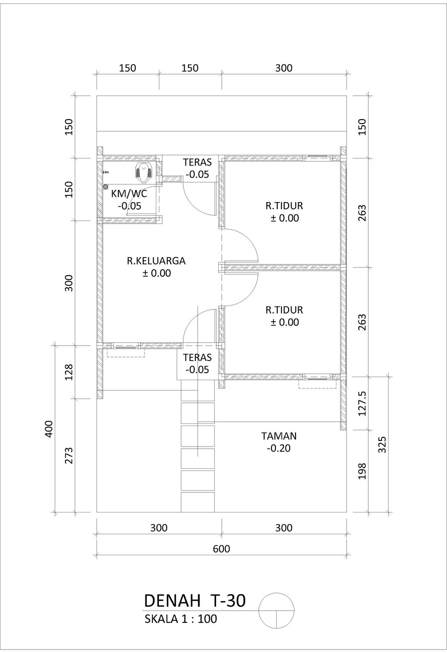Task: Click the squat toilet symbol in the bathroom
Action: (143, 173)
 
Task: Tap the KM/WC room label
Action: (129, 194)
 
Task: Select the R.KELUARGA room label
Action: (156, 260)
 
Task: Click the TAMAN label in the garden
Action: (279, 436)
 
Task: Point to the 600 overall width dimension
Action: (222, 549)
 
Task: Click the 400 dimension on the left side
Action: (49, 429)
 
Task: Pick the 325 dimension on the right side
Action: (382, 444)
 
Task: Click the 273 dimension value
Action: (69, 455)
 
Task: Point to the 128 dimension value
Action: (69, 372)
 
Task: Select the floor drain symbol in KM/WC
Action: (105, 186)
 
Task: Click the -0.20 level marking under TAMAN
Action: (279, 448)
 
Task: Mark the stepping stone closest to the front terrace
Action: (198, 389)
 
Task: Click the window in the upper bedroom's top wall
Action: (318, 158)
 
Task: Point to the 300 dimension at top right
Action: (284, 68)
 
